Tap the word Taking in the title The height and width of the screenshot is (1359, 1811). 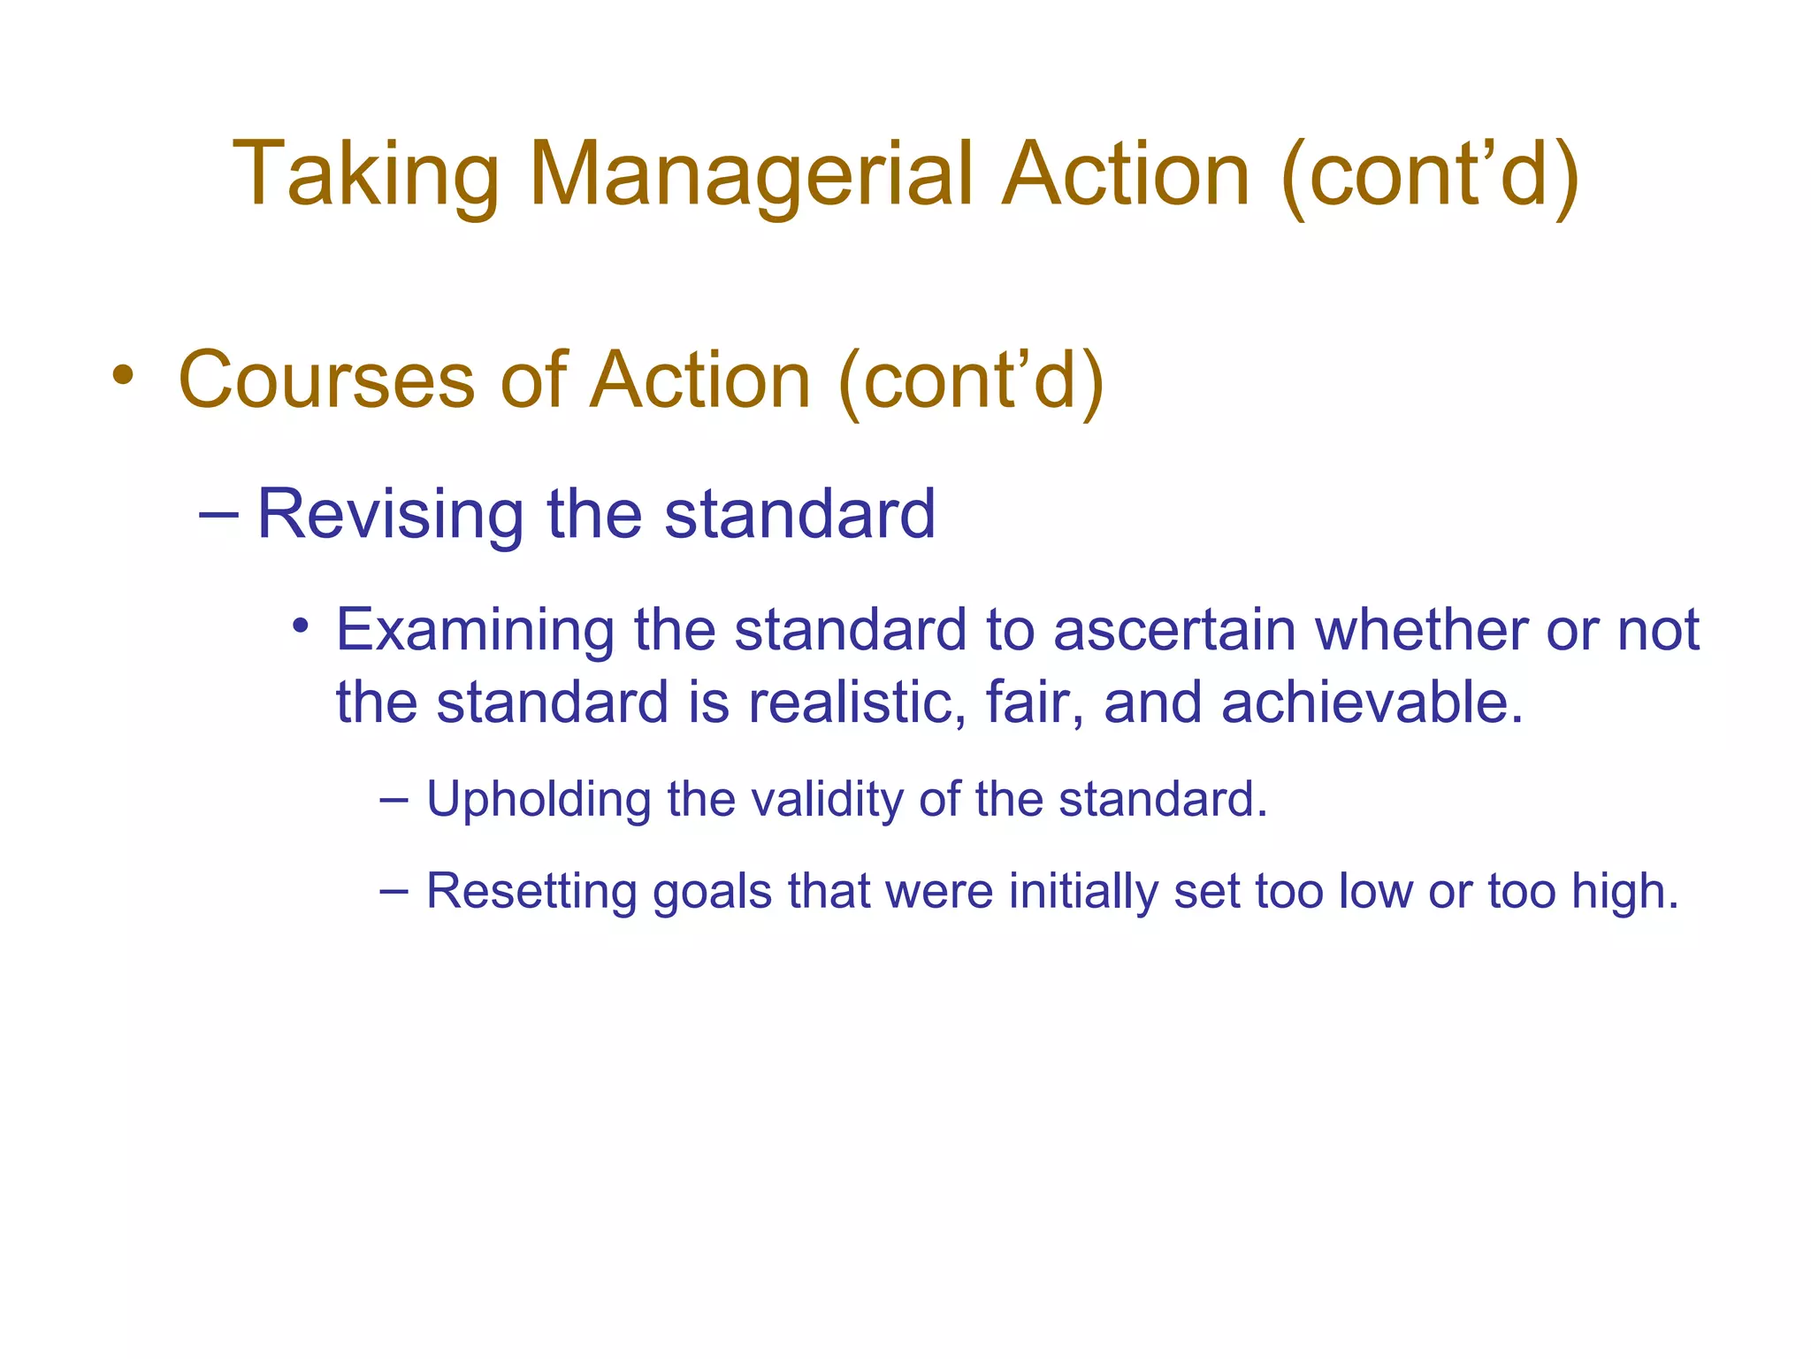(x=366, y=175)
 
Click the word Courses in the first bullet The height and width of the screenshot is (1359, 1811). (x=327, y=380)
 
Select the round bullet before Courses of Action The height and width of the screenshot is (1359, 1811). (x=123, y=375)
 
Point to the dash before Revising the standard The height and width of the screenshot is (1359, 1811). (x=219, y=513)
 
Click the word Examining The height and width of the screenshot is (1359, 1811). (x=475, y=630)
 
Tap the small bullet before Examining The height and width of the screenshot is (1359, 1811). (x=301, y=626)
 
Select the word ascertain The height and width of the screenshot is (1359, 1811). (x=1175, y=630)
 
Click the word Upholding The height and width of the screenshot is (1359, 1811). (x=539, y=800)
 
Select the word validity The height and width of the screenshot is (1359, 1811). (x=826, y=800)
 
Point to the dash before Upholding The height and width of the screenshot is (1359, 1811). (x=394, y=801)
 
